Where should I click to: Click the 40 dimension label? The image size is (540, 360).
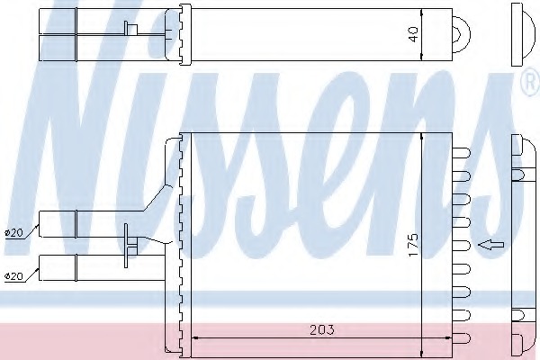click(413, 35)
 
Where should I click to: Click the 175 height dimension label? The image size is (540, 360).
click(413, 245)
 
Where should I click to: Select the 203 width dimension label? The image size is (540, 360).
click(322, 329)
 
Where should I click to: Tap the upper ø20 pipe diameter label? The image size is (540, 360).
click(14, 233)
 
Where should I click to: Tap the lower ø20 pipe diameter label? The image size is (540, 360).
click(14, 276)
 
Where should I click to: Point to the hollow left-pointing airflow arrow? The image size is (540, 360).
click(490, 245)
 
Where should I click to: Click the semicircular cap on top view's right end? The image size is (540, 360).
click(462, 35)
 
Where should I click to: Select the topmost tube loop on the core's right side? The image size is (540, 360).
click(462, 153)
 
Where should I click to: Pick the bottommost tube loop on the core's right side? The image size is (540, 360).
click(462, 338)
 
